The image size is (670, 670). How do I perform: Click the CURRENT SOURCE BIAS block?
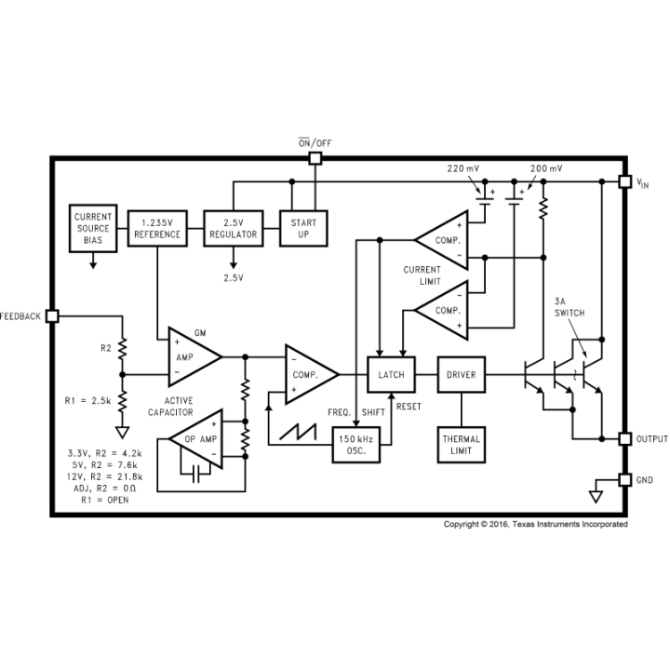(x=93, y=228)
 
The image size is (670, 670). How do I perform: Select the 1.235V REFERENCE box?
(x=157, y=229)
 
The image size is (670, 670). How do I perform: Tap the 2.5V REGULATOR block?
(x=234, y=229)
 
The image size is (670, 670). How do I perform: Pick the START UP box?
(x=303, y=229)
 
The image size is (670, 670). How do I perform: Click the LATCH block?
(x=392, y=375)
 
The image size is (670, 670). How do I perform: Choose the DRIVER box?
(x=462, y=375)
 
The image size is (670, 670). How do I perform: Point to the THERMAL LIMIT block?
(x=462, y=445)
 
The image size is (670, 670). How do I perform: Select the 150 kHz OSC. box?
(x=356, y=445)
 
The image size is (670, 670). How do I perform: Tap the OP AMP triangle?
(x=197, y=439)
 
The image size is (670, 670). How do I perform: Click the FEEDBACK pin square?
(x=52, y=316)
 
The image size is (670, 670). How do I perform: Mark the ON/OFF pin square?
(x=315, y=158)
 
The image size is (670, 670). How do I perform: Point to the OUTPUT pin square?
(x=625, y=439)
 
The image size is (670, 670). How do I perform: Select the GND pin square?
(x=625, y=480)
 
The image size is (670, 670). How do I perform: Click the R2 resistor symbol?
(x=123, y=348)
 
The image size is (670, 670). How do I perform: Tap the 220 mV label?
(x=463, y=168)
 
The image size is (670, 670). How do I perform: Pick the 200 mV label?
(x=546, y=168)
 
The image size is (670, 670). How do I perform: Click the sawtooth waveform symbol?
(x=299, y=432)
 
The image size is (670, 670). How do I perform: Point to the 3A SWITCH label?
(x=569, y=307)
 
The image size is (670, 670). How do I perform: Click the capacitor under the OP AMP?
(x=195, y=474)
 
